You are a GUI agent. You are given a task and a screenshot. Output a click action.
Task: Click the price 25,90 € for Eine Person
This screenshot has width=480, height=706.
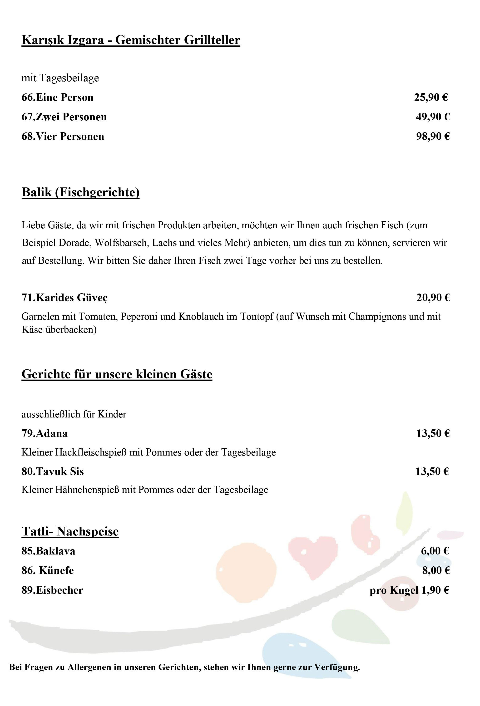pos(431,98)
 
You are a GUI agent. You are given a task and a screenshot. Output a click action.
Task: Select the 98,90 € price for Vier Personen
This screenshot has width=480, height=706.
pos(433,136)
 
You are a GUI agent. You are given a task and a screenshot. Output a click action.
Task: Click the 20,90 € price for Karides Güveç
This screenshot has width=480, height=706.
pos(433,297)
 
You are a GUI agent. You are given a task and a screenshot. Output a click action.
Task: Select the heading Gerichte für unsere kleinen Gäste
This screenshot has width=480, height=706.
pos(117,374)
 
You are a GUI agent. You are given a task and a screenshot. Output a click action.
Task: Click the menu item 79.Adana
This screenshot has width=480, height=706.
pos(44,433)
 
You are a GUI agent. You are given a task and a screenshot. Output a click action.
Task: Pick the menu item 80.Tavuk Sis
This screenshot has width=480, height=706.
pos(52,471)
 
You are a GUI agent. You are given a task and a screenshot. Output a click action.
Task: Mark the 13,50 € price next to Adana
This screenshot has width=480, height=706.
pos(433,433)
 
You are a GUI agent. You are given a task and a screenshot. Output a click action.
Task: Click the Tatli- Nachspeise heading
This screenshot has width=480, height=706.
pos(70,531)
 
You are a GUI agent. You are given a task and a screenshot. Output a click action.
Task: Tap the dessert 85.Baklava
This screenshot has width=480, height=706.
pos(48,551)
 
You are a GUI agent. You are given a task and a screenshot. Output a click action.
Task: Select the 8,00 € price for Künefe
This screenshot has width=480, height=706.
pos(436,570)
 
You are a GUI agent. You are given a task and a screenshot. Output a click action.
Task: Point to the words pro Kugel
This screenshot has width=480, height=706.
pos(394,590)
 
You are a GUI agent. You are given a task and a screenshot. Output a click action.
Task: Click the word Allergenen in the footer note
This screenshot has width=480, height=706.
pos(90,667)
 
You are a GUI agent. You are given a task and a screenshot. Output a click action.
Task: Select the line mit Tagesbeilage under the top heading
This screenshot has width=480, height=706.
pos(60,78)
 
